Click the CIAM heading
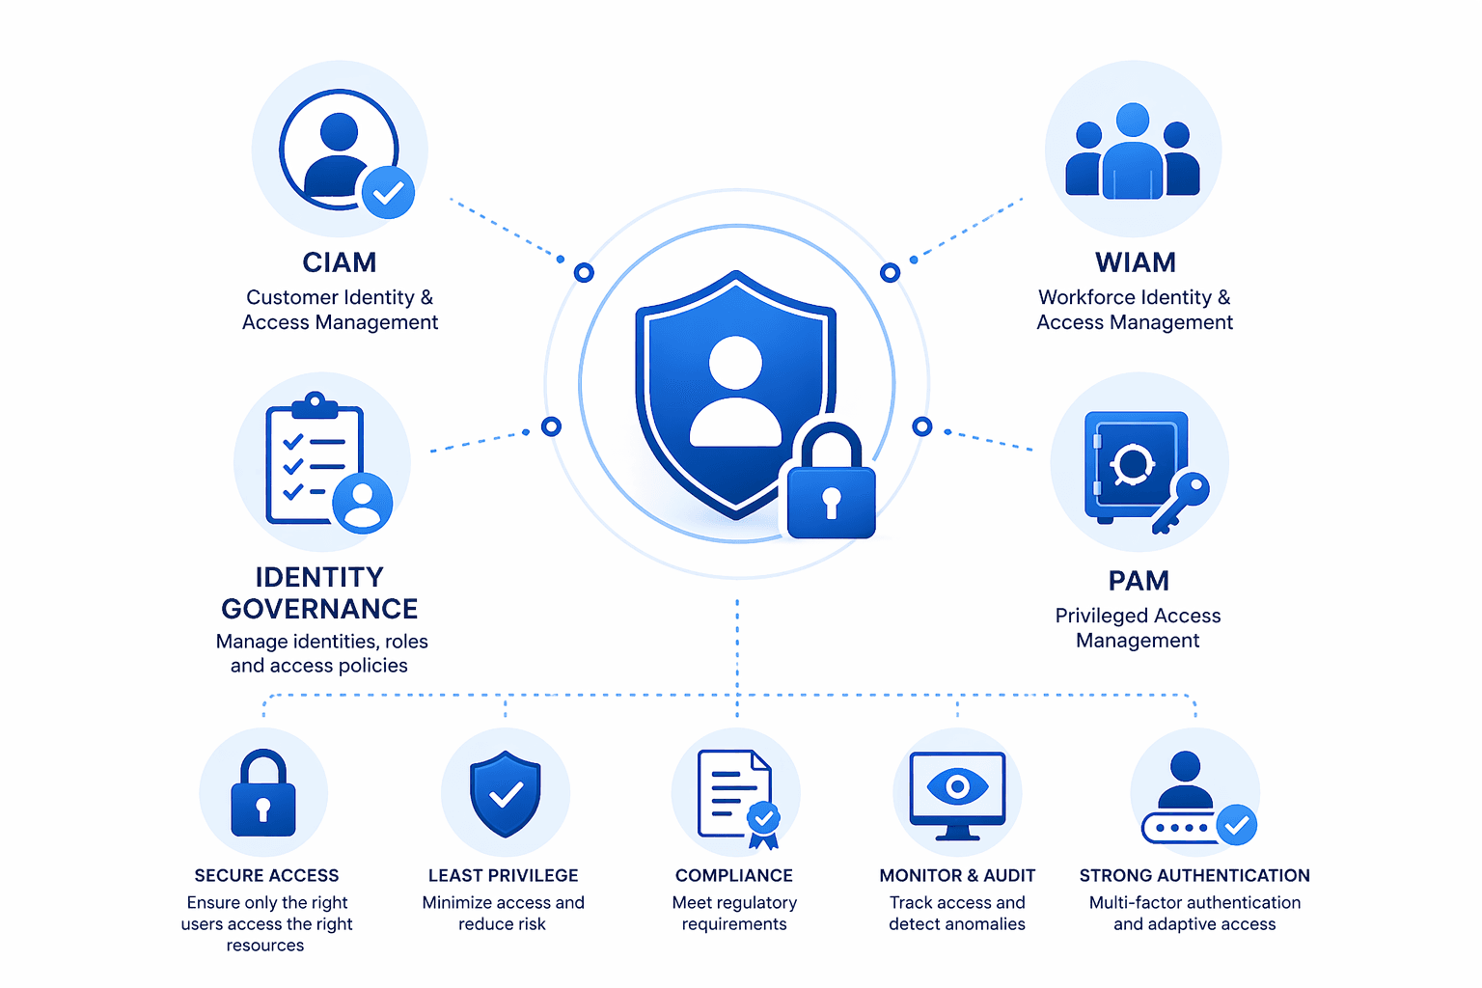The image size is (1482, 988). pos(340,262)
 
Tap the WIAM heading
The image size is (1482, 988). pos(1136,262)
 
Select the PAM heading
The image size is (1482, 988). pos(1139,581)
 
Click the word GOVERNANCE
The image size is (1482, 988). pos(319,609)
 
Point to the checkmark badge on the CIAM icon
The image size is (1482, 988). pos(389,193)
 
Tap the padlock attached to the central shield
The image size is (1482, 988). pos(831,481)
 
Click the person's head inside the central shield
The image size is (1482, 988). pos(735,362)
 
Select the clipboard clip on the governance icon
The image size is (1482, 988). pos(315,404)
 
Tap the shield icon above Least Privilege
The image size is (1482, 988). pos(506,793)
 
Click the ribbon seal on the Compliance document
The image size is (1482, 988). pos(763,825)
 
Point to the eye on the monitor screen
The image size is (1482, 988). pos(957,786)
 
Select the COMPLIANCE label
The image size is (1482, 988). pos(733,875)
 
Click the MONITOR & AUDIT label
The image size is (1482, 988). pos(957,875)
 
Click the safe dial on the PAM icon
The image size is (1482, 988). pos(1132,463)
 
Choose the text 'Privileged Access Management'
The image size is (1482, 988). pos(1138,628)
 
